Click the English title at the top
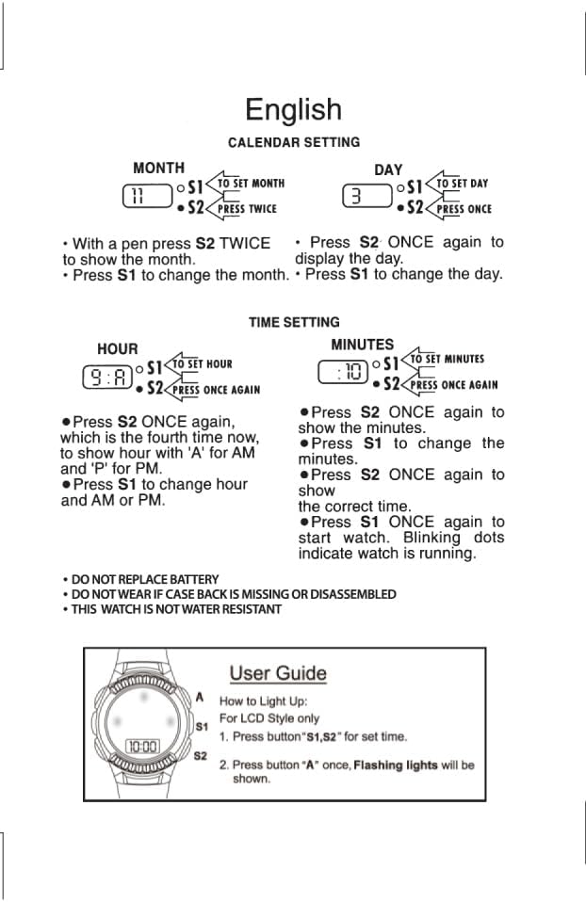(293, 110)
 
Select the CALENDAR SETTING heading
(294, 142)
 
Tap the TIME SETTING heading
(294, 322)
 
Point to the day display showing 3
(366, 197)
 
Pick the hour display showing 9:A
(106, 378)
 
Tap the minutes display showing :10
(342, 373)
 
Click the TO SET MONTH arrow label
(250, 184)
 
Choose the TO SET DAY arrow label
(461, 184)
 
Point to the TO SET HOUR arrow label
(202, 363)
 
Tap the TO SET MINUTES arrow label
(446, 359)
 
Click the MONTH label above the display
(158, 168)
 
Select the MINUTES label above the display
(362, 345)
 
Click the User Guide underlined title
(278, 673)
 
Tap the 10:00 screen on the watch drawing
(143, 747)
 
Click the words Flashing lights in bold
(395, 765)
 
